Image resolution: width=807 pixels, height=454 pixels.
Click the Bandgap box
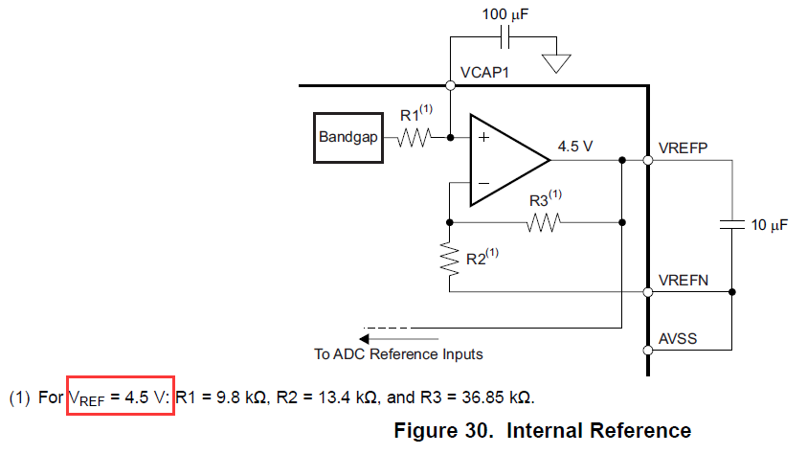click(349, 137)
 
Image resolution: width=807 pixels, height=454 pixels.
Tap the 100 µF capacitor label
click(505, 16)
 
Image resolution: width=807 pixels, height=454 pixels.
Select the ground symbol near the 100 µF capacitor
click(556, 62)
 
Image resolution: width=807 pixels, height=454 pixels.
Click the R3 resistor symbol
click(543, 222)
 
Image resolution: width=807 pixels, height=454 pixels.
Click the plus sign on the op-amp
click(483, 138)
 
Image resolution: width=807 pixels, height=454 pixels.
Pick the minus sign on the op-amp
click(483, 183)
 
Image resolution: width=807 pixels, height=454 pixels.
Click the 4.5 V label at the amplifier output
click(575, 147)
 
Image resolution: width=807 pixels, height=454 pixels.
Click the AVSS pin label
click(679, 339)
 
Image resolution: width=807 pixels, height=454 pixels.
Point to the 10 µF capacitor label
click(769, 225)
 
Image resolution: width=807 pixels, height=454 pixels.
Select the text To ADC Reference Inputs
click(398, 354)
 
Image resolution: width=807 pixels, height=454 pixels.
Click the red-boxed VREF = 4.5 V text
click(120, 396)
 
